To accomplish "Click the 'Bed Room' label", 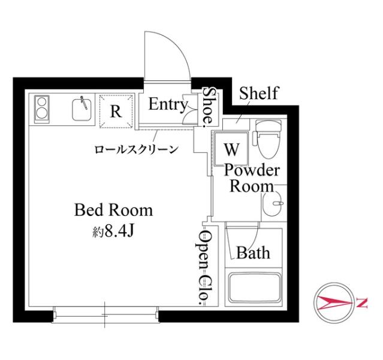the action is pos(113,210).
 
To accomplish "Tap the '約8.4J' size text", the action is pos(113,231).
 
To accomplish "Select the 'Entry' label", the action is pos(168,105).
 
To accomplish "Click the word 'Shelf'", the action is pos(259,93).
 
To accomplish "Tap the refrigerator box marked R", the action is pos(116,111).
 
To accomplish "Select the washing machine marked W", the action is pos(231,148).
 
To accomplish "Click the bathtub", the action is pos(254,287).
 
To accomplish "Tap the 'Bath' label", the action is pos(253,253).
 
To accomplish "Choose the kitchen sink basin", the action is pos(82,110).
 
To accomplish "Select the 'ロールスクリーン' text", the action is pos(137,149).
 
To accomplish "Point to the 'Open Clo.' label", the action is pos(205,267).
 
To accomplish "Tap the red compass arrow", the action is pos(334,303).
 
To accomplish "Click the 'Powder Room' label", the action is pos(252,178).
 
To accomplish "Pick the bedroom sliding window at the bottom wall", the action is pos(105,315).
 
